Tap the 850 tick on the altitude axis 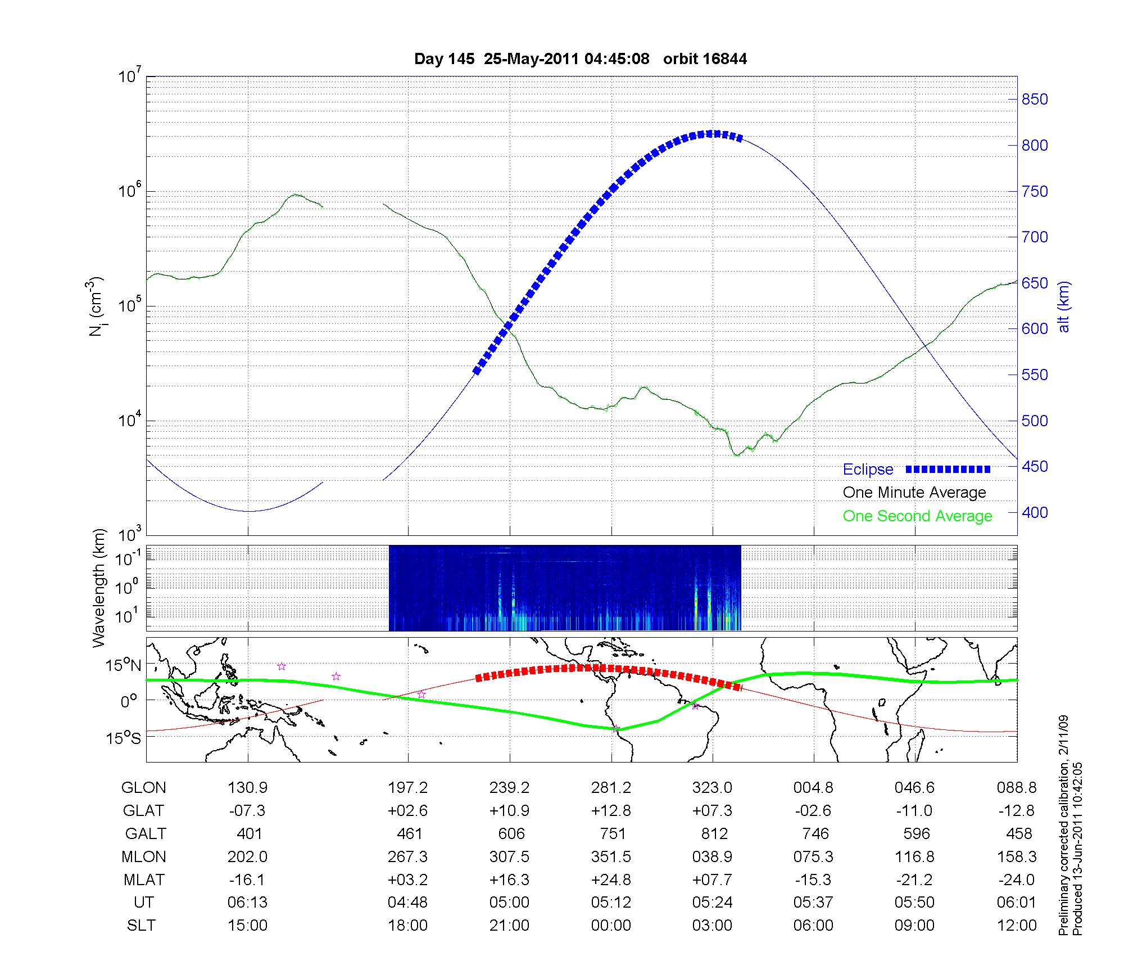point(1035,100)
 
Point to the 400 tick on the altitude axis point(1035,512)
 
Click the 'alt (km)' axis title point(1064,306)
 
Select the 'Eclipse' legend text point(868,470)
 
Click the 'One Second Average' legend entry point(917,516)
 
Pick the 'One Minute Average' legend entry point(914,493)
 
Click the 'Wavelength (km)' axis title point(99,588)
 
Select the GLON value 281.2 point(611,788)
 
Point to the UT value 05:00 point(509,903)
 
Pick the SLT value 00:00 point(611,925)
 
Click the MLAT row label point(144,880)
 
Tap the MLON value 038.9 point(713,856)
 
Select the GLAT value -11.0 point(915,811)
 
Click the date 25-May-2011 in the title point(531,59)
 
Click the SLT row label point(141,925)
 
